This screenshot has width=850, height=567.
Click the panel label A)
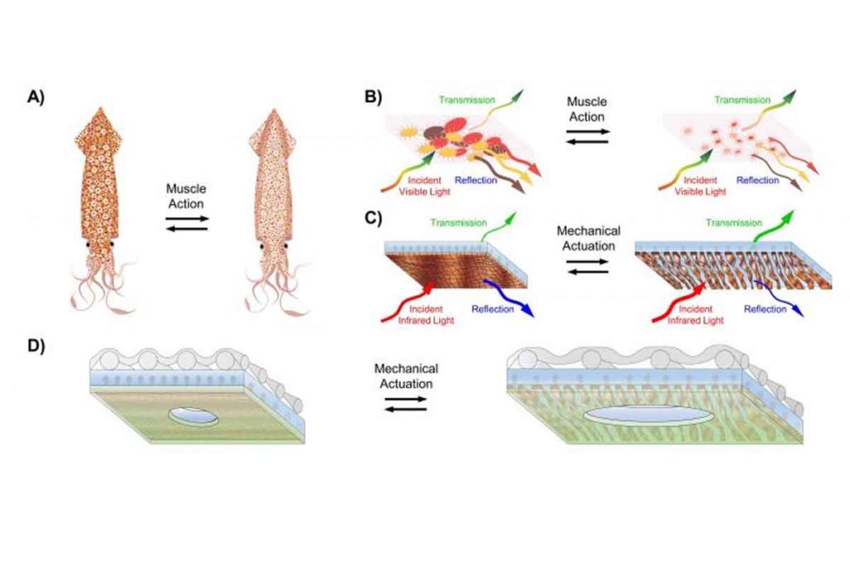[37, 97]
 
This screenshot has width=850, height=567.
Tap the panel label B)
[374, 97]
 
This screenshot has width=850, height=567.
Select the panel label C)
[374, 218]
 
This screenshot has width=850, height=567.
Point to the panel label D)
[37, 346]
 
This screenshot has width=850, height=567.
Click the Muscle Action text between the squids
[186, 196]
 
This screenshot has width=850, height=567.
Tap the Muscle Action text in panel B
[587, 109]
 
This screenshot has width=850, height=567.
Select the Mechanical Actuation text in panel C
[589, 238]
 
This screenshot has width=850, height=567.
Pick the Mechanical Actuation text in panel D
[406, 376]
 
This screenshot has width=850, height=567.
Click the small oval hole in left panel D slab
[193, 416]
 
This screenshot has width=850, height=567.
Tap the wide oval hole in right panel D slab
[648, 415]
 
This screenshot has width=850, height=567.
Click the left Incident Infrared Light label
[426, 315]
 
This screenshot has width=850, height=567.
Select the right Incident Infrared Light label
[696, 315]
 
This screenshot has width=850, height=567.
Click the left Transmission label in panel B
[467, 100]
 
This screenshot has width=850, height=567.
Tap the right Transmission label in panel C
[734, 222]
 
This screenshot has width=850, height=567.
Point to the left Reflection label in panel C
[493, 309]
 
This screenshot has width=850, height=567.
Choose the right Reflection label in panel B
[758, 180]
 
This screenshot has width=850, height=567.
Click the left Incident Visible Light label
[424, 185]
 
